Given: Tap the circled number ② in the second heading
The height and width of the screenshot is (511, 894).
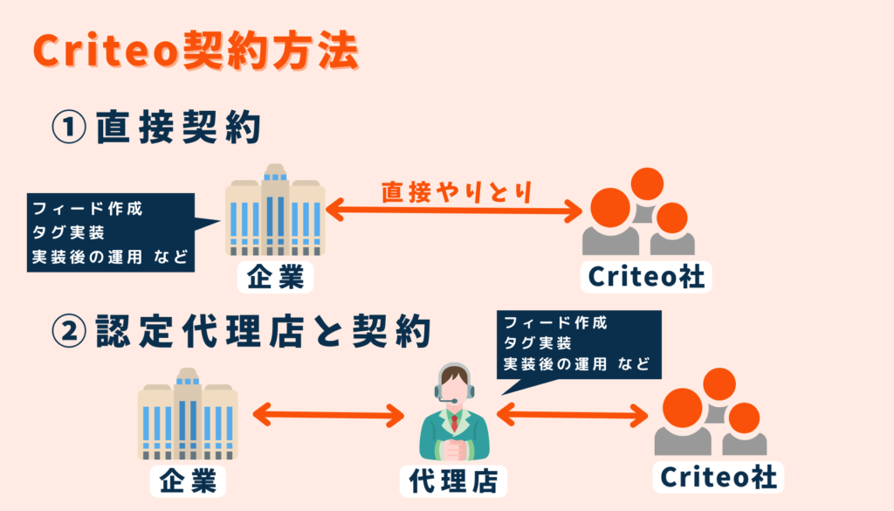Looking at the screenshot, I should coord(70,331).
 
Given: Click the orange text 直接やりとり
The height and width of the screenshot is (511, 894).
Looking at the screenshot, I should coord(457,192).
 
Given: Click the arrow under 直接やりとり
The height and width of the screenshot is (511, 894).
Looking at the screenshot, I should coord(454,210).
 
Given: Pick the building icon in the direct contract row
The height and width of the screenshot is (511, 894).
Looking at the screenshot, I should coord(275,210).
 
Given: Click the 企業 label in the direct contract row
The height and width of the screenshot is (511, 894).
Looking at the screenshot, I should coord(275,278).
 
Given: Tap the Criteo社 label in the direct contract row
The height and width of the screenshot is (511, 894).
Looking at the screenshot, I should coord(647,278).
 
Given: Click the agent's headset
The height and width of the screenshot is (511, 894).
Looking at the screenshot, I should coord(453,388).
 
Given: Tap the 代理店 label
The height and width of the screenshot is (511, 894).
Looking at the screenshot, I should coord(453,480).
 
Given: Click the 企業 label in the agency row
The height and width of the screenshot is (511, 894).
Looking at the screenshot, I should coord(187,480).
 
